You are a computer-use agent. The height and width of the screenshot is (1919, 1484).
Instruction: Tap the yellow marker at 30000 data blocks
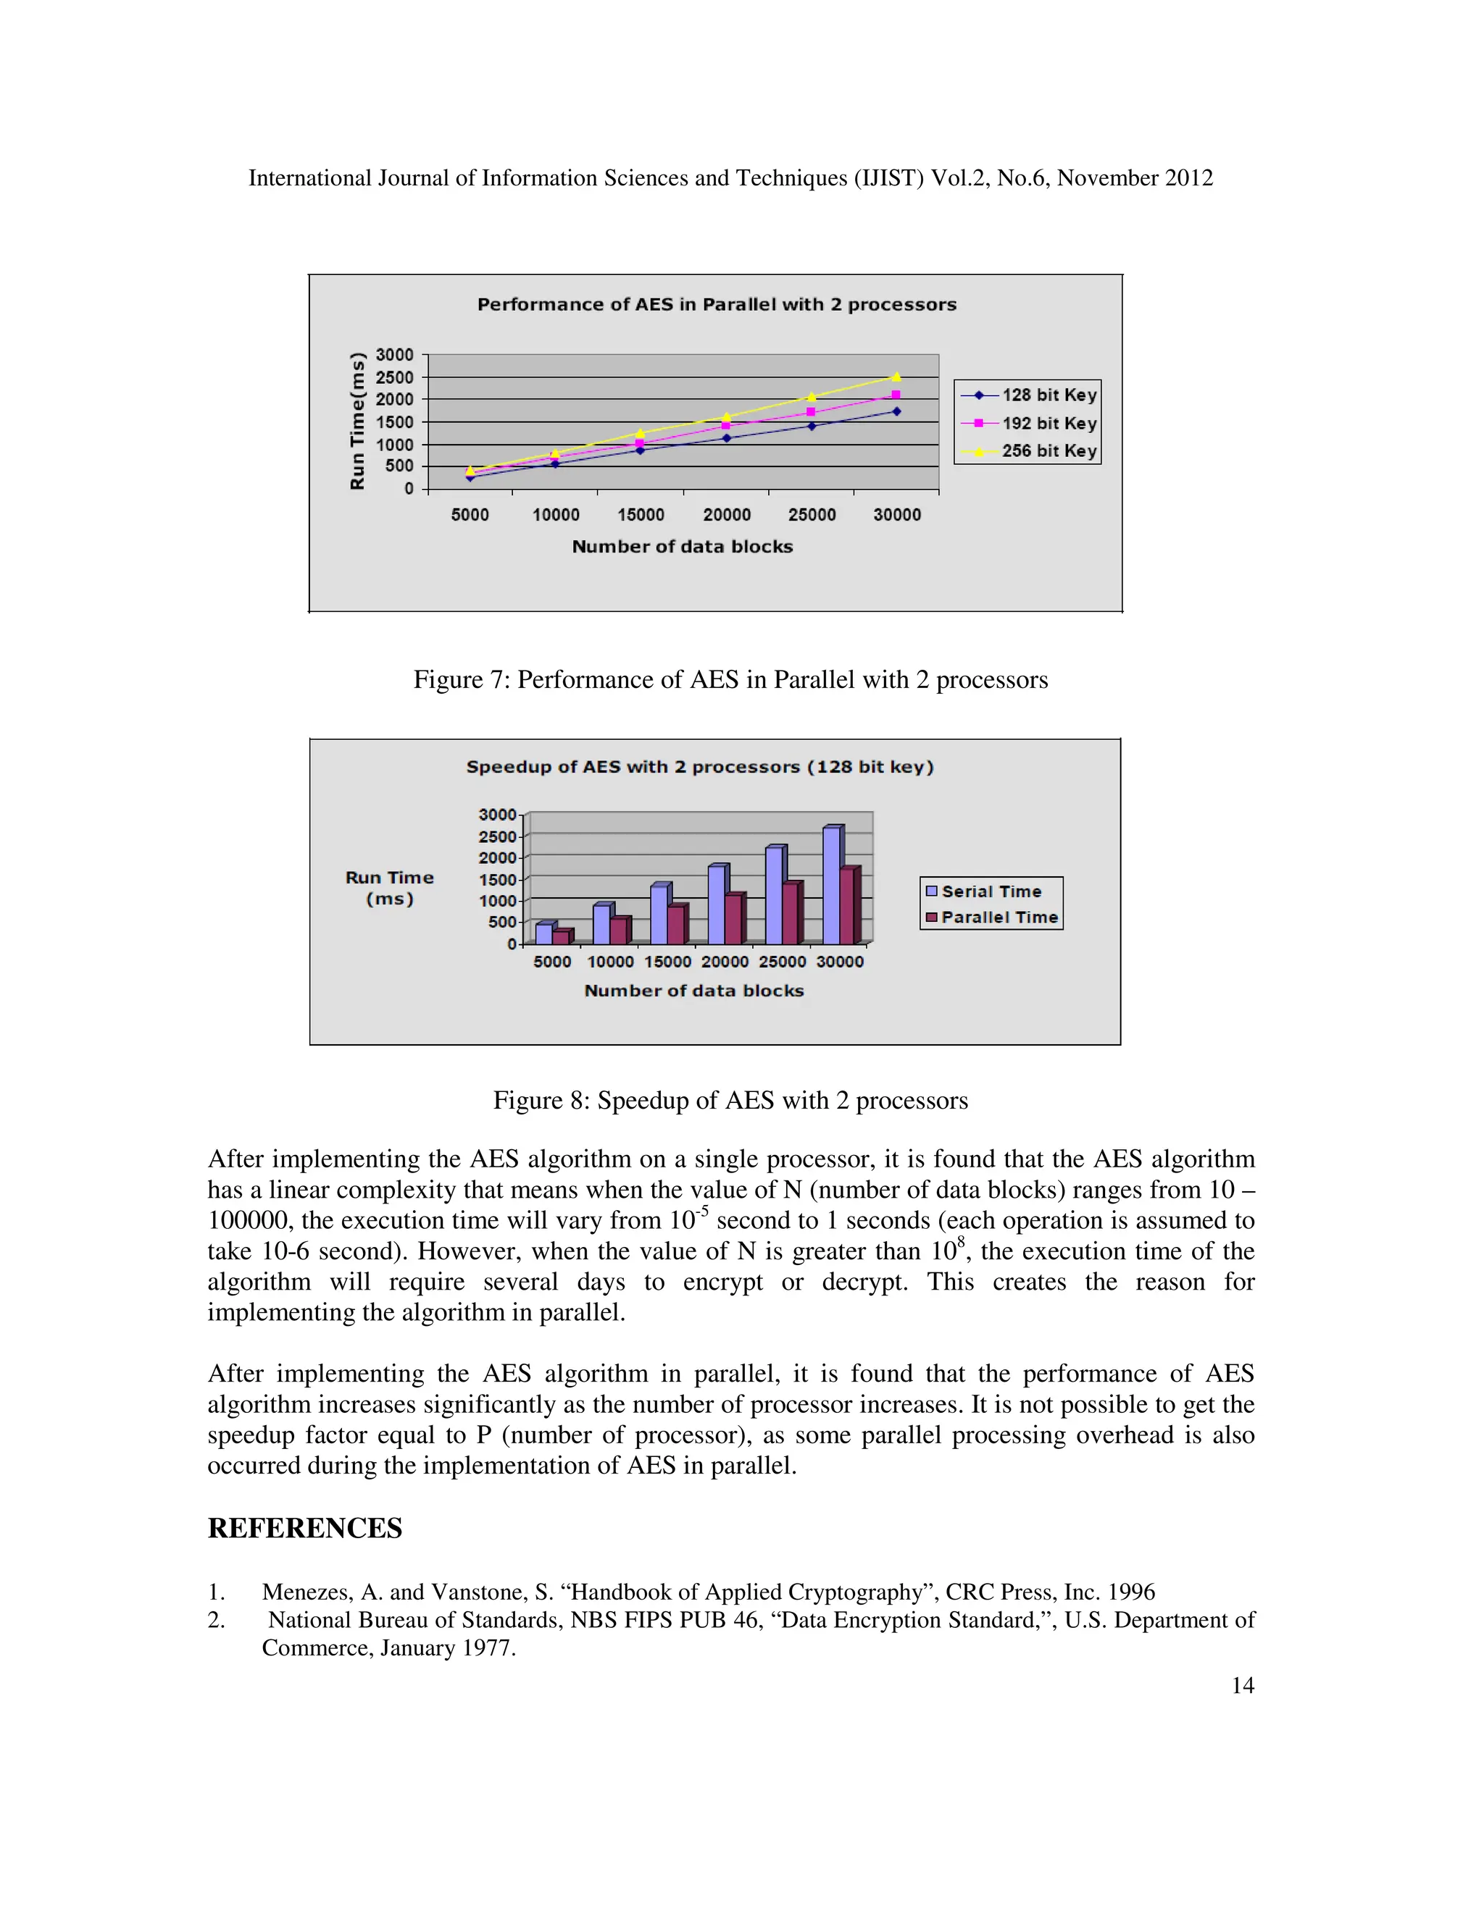point(896,377)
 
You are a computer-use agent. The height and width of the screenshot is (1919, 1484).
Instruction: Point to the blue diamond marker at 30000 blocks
point(896,411)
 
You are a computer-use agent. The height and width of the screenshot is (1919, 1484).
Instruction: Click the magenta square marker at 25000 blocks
point(811,411)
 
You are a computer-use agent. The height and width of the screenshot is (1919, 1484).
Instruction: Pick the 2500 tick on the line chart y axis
point(395,377)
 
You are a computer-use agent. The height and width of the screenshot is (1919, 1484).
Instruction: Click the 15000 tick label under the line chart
point(640,515)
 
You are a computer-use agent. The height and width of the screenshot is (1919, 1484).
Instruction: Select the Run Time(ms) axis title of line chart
point(357,421)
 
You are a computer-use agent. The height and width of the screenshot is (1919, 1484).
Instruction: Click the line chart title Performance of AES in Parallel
point(717,305)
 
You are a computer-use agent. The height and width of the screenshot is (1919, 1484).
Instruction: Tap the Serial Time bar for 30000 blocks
point(831,886)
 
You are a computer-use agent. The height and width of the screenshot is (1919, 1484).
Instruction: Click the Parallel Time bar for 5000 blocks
point(561,936)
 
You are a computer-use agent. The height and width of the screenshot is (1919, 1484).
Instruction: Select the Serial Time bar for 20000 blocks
point(716,905)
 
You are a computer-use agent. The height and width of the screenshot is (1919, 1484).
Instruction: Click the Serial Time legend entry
point(990,891)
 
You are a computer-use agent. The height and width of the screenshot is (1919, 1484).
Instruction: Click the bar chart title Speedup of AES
point(700,767)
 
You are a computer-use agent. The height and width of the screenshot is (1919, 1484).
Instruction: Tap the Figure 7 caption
point(730,680)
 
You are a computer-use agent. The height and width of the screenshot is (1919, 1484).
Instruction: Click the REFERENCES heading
point(304,1528)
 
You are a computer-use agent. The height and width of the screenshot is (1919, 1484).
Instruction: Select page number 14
point(1242,1685)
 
